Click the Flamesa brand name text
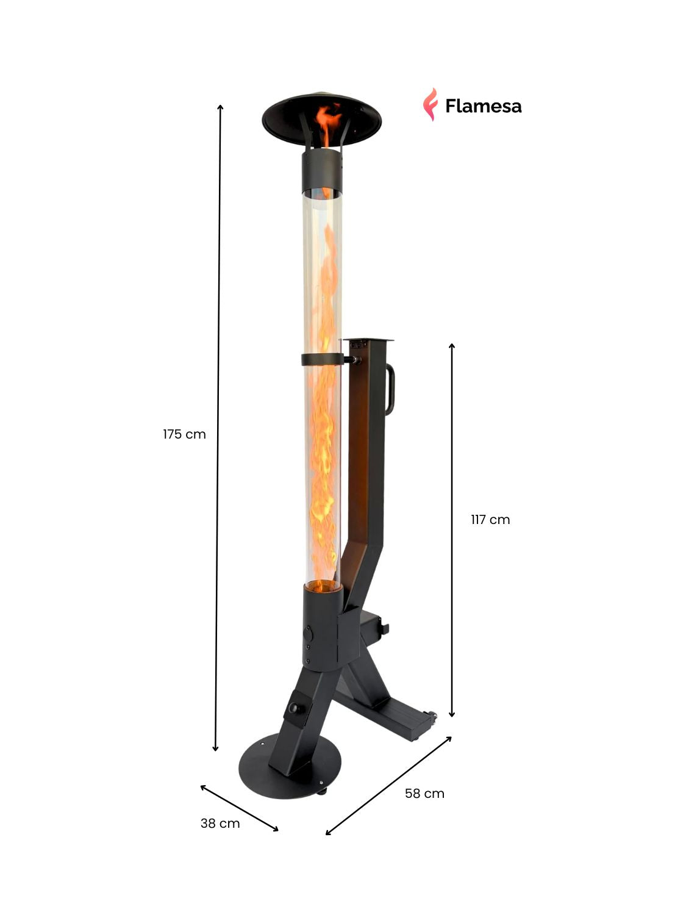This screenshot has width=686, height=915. point(483,106)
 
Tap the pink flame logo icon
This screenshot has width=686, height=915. point(431,104)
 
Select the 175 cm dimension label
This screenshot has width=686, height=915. point(184,434)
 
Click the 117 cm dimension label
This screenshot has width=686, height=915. point(490,520)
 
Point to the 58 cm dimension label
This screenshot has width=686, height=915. point(424,793)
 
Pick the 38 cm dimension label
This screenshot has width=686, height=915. point(220,823)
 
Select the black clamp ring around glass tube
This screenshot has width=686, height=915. point(323,359)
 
